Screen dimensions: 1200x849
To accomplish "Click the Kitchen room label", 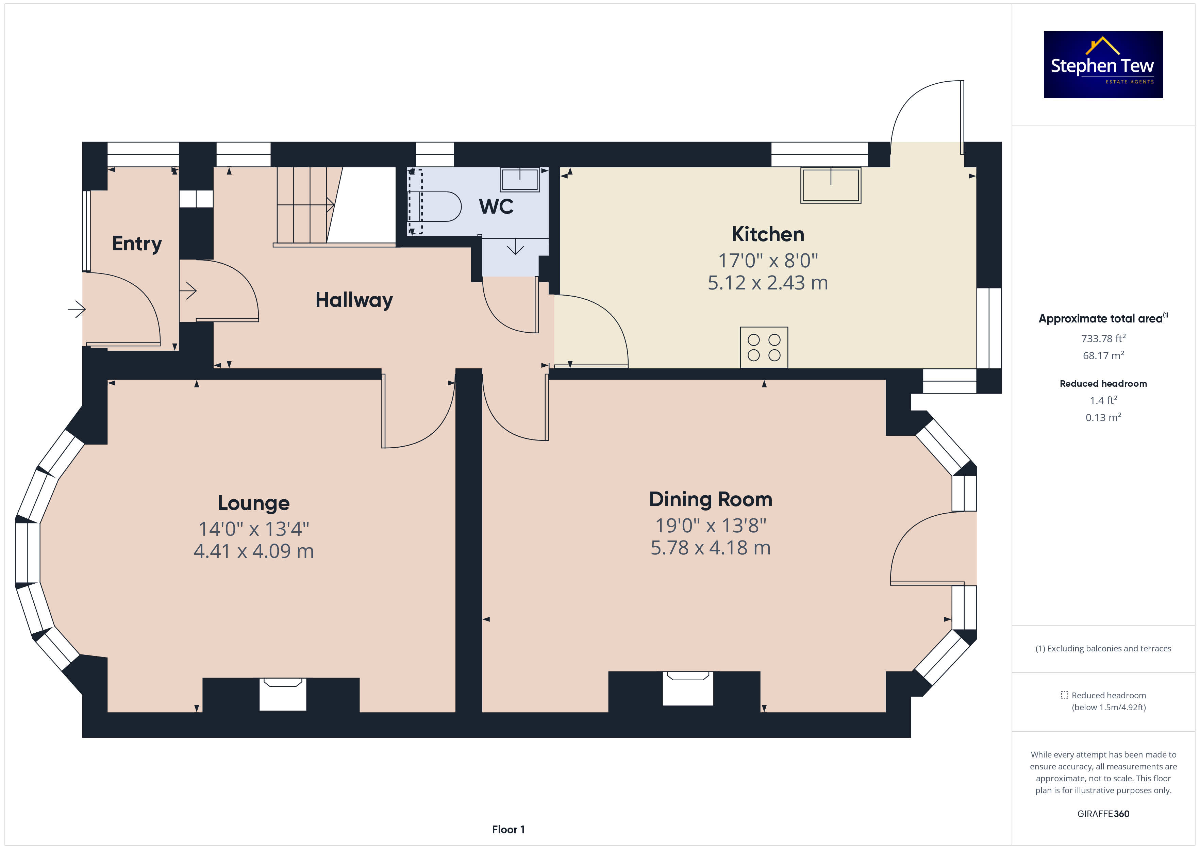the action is click(x=768, y=234).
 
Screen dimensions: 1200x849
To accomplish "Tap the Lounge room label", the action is click(x=253, y=503).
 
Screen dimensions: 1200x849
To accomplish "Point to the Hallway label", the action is click(x=354, y=300).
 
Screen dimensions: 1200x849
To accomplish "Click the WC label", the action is click(x=496, y=206).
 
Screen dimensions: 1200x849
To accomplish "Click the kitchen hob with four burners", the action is click(x=764, y=347).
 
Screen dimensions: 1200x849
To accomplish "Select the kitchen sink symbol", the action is click(x=831, y=185).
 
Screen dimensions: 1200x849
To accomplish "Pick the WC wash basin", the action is click(x=519, y=179).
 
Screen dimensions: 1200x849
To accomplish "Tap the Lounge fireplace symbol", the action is click(x=283, y=694).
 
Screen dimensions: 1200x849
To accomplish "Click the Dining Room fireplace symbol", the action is click(x=687, y=688).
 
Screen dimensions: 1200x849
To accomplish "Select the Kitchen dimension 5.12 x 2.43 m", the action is click(x=768, y=283).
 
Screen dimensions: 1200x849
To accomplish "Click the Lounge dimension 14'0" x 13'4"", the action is click(x=253, y=529).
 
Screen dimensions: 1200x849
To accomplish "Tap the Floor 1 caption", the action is click(x=508, y=830).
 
